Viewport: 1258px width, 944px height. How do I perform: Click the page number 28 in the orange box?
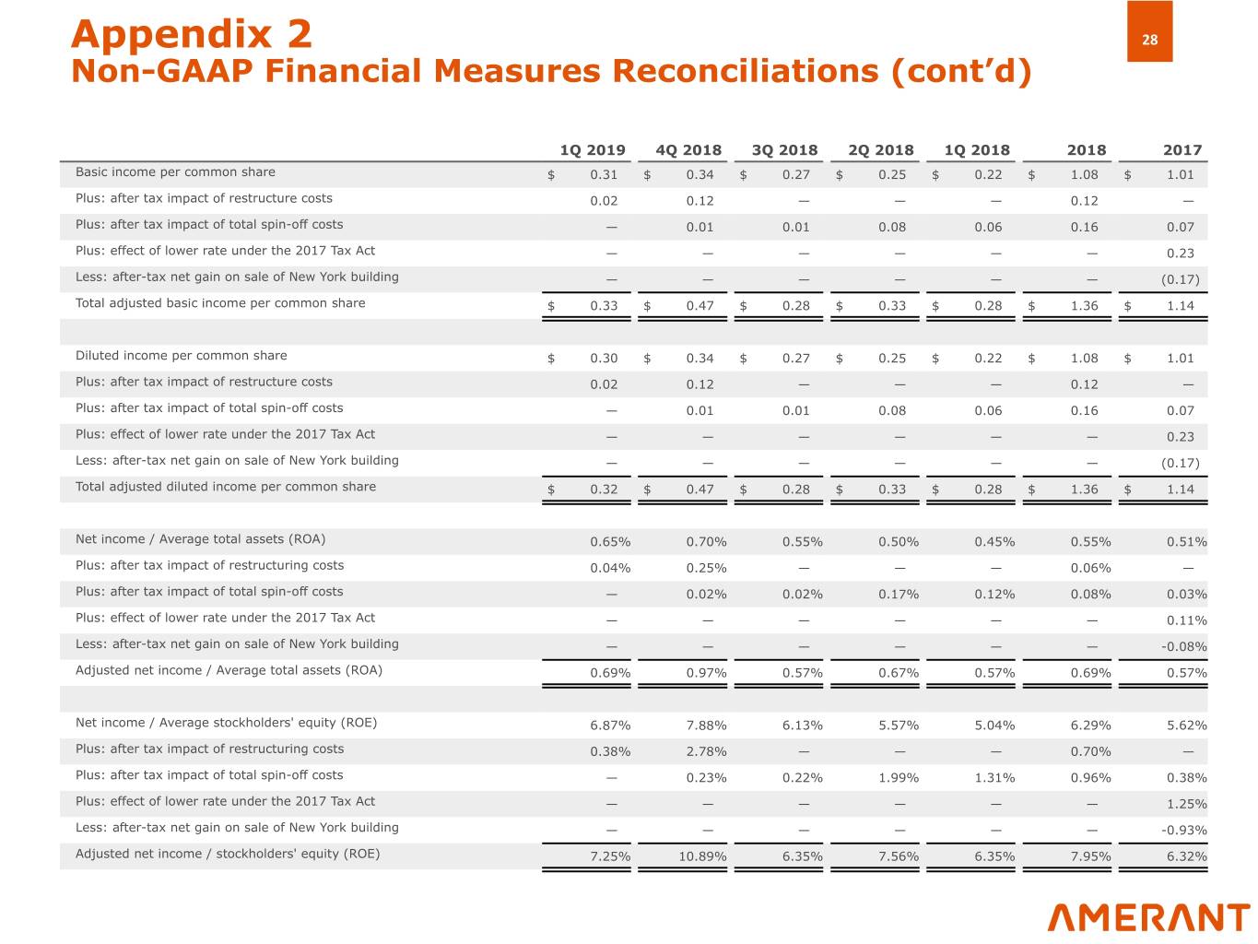tap(1149, 40)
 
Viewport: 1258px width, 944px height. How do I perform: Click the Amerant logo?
tap(1148, 917)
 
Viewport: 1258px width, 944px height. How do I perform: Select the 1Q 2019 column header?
tap(593, 150)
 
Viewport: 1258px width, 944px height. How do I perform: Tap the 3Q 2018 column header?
tap(784, 150)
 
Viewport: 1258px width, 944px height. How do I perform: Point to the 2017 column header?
tap(1182, 150)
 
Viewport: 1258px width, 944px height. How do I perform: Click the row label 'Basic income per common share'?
tap(175, 172)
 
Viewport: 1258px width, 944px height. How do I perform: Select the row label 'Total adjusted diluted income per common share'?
tap(226, 487)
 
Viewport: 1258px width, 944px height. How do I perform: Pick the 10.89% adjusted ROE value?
tap(703, 856)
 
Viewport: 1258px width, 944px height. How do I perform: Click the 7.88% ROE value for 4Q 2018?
tap(707, 726)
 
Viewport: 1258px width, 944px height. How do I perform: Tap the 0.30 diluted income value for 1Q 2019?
tap(604, 359)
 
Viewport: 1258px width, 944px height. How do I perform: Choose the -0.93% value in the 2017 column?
tap(1184, 831)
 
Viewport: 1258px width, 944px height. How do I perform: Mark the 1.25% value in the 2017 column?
tap(1187, 804)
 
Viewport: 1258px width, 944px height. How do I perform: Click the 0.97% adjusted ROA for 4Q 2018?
tap(707, 673)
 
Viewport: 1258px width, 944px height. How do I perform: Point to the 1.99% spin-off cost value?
tap(899, 778)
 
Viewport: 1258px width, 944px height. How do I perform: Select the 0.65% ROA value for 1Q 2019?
tap(610, 542)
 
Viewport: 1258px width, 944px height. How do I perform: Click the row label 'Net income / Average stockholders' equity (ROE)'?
tap(226, 723)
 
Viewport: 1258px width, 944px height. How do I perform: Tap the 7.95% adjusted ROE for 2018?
tap(1090, 856)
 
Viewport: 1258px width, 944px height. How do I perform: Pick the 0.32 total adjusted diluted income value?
tap(604, 490)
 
